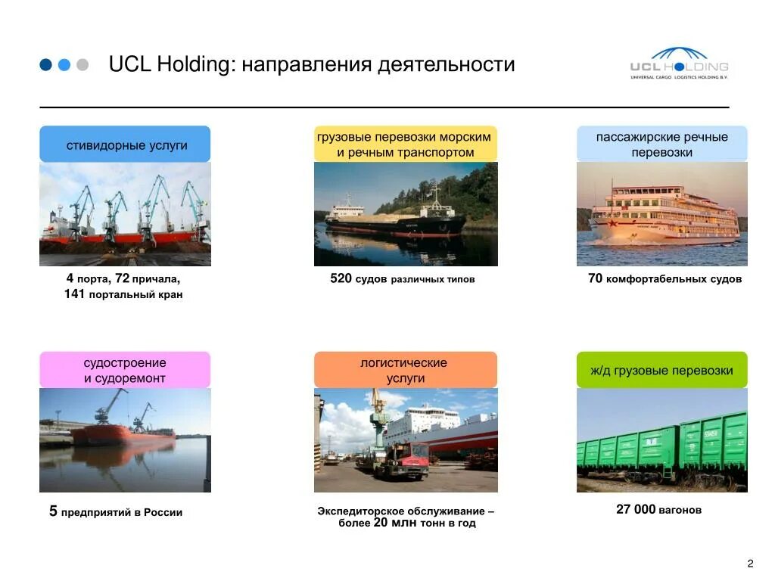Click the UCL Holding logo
pyautogui.click(x=678, y=64)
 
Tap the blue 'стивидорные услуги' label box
pyautogui.click(x=125, y=144)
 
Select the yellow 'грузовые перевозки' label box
pyautogui.click(x=406, y=144)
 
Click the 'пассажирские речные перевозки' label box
pyautogui.click(x=661, y=144)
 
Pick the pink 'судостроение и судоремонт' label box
pyautogui.click(x=125, y=371)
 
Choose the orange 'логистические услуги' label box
pyautogui.click(x=406, y=371)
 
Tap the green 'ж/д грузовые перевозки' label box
pyautogui.click(x=661, y=371)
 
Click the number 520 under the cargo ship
pyautogui.click(x=341, y=279)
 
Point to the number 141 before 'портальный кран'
pyautogui.click(x=74, y=294)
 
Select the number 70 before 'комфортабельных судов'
pyautogui.click(x=595, y=279)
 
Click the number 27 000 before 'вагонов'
pyautogui.click(x=636, y=510)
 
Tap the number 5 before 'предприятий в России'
pyautogui.click(x=53, y=512)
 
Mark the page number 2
pyautogui.click(x=750, y=564)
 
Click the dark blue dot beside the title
pyautogui.click(x=46, y=65)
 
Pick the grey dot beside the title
pyautogui.click(x=82, y=65)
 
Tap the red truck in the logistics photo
pyautogui.click(x=409, y=458)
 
